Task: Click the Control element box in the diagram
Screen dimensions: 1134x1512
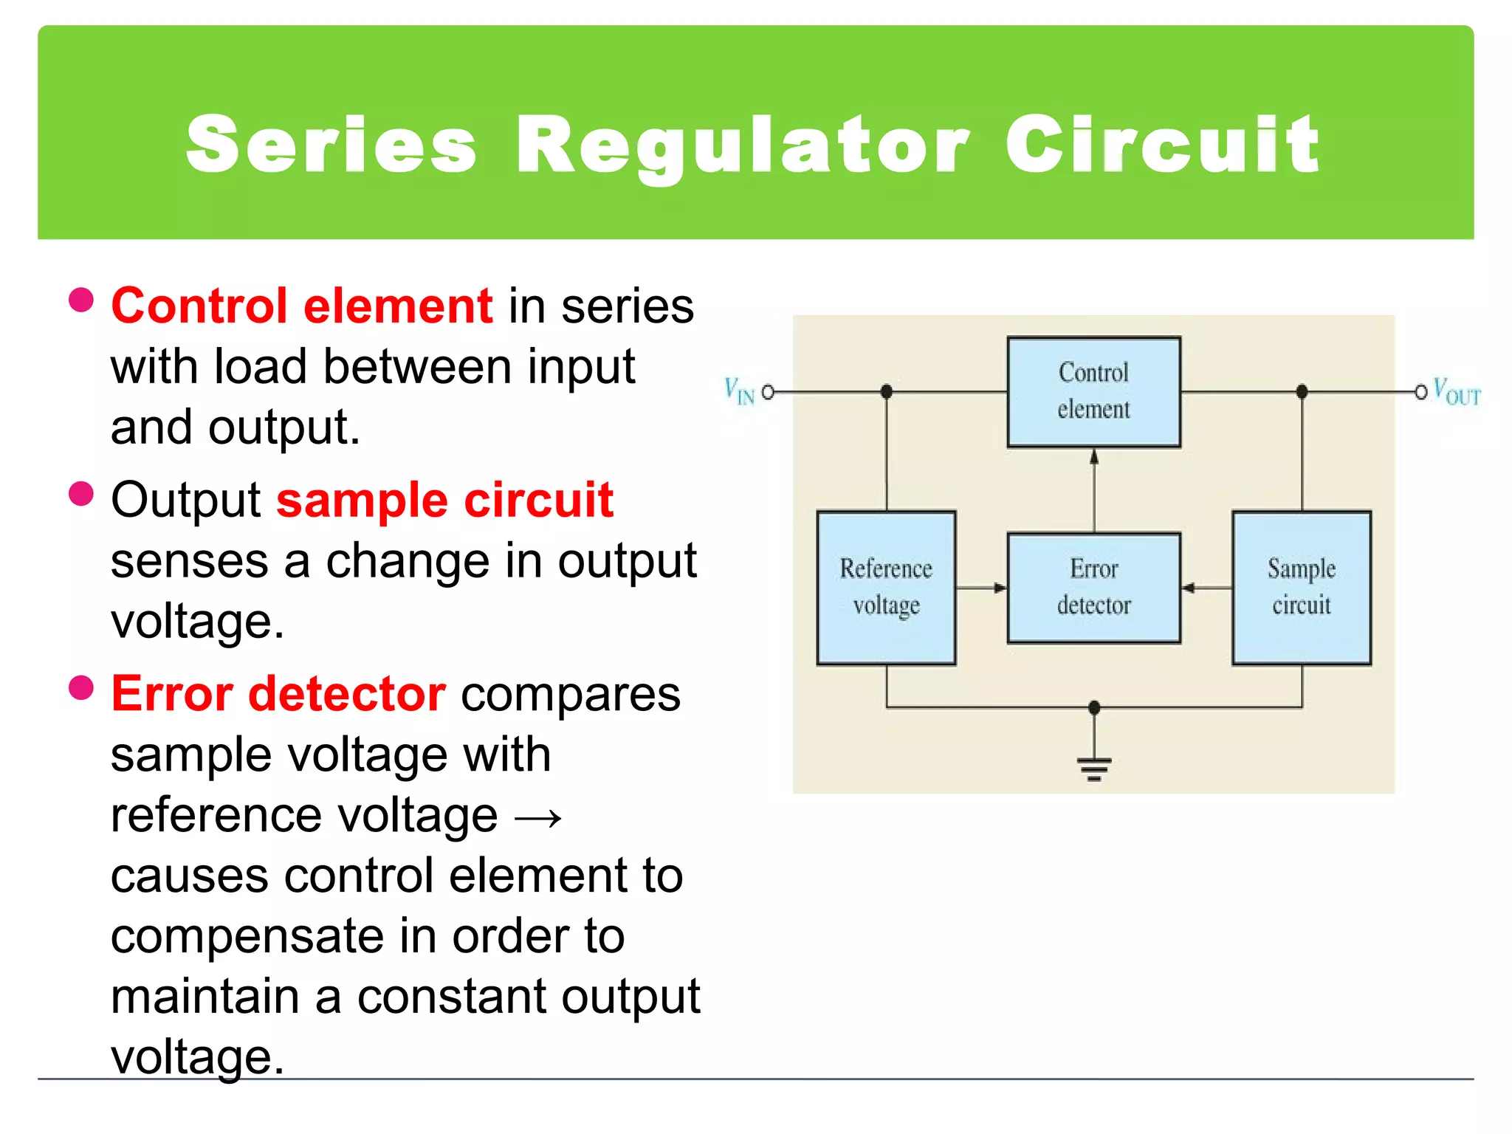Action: (1093, 391)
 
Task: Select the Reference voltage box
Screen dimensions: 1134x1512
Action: (886, 588)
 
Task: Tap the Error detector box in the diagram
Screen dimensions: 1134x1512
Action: (1093, 588)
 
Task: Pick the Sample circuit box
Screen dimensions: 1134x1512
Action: (1301, 588)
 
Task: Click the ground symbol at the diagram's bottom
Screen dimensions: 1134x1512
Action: (1094, 768)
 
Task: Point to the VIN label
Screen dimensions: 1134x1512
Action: (739, 391)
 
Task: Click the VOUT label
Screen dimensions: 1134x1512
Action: (1456, 392)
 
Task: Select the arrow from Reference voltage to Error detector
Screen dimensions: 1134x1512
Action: (982, 588)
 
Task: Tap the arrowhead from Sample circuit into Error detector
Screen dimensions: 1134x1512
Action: (1189, 588)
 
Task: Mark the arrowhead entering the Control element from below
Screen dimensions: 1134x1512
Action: (1094, 457)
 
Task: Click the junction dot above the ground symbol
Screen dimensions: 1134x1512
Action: (1094, 707)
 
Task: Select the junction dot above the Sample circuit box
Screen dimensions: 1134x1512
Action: (1302, 391)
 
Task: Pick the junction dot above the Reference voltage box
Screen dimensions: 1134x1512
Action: (887, 391)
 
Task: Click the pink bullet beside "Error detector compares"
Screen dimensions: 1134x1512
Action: (81, 687)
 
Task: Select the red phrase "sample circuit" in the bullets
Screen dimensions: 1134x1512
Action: (444, 500)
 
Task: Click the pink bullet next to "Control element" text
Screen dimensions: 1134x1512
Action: (81, 300)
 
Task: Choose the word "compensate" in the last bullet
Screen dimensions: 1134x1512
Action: (247, 936)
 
